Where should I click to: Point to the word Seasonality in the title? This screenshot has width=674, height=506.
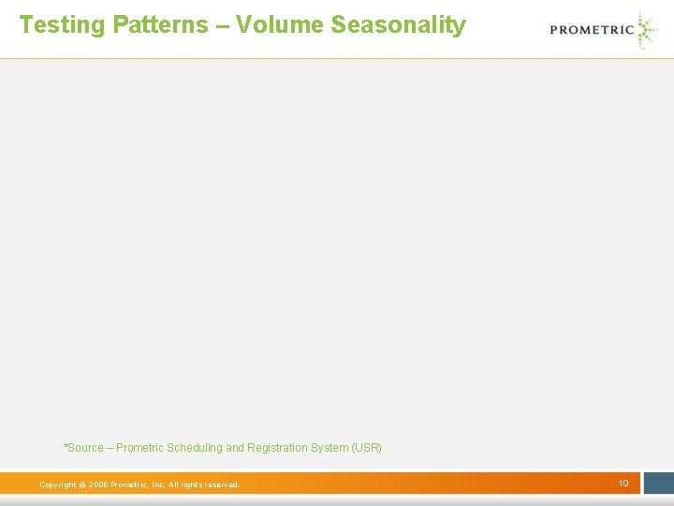398,25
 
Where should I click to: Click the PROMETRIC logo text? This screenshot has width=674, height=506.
592,29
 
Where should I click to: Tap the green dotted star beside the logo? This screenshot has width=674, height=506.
647,30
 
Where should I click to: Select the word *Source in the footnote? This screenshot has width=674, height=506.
83,448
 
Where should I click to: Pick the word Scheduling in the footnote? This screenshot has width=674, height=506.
196,448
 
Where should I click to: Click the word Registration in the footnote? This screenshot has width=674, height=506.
276,448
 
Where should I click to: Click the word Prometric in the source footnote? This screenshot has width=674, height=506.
139,448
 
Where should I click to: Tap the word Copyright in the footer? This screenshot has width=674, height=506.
57,484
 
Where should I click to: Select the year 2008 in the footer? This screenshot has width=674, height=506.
98,484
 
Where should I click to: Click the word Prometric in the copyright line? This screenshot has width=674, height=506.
128,484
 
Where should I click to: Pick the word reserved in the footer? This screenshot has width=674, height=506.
220,484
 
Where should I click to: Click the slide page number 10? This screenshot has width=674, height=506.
623,483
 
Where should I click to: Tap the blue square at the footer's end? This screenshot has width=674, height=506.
657,483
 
